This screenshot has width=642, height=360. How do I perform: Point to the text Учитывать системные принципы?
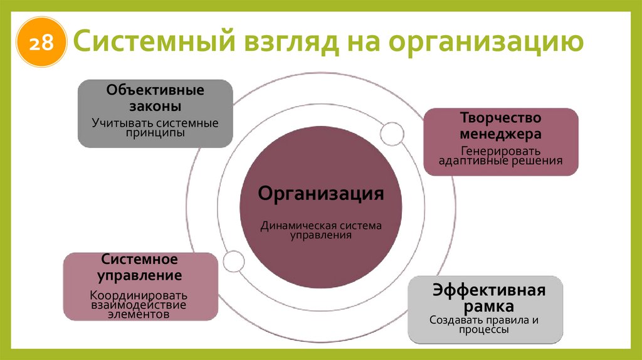(x=155, y=128)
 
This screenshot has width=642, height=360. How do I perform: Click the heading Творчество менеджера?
(x=500, y=126)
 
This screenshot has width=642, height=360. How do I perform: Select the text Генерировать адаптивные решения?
(x=500, y=156)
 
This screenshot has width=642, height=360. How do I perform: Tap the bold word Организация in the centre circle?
(x=321, y=193)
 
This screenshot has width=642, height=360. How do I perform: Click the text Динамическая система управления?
(x=321, y=230)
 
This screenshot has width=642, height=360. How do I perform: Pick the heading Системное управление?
(x=140, y=267)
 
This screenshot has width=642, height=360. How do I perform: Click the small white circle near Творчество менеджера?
(x=392, y=133)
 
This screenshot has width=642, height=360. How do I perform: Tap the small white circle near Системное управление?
(x=232, y=260)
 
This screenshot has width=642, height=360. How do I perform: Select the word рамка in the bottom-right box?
(x=490, y=307)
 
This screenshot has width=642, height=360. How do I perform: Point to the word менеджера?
(x=500, y=134)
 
